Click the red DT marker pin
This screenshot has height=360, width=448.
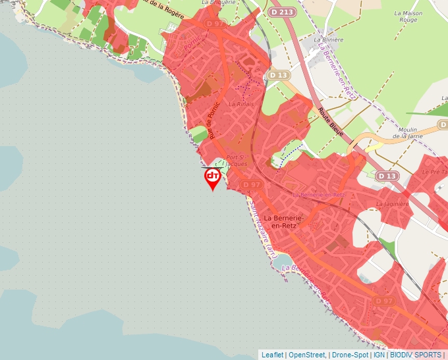pyautogui.click(x=212, y=178)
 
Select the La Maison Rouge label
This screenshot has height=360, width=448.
pyautogui.click(x=408, y=16)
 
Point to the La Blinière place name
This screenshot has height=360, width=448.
pyautogui.click(x=329, y=39)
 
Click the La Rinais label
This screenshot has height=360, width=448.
pyautogui.click(x=240, y=104)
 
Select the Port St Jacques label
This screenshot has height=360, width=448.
pyautogui.click(x=237, y=161)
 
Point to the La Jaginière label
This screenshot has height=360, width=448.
pyautogui.click(x=393, y=204)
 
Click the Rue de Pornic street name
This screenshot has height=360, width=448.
pyautogui.click(x=213, y=119)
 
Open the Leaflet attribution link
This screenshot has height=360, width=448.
pyautogui.click(x=273, y=355)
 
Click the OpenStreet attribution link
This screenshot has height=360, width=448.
pyautogui.click(x=306, y=355)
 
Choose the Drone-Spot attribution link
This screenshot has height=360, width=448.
pyautogui.click(x=350, y=355)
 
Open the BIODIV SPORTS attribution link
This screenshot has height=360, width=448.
pyautogui.click(x=416, y=355)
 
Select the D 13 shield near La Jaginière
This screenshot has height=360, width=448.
pyautogui.click(x=388, y=176)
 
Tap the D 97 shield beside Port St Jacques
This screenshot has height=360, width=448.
pyautogui.click(x=252, y=185)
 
